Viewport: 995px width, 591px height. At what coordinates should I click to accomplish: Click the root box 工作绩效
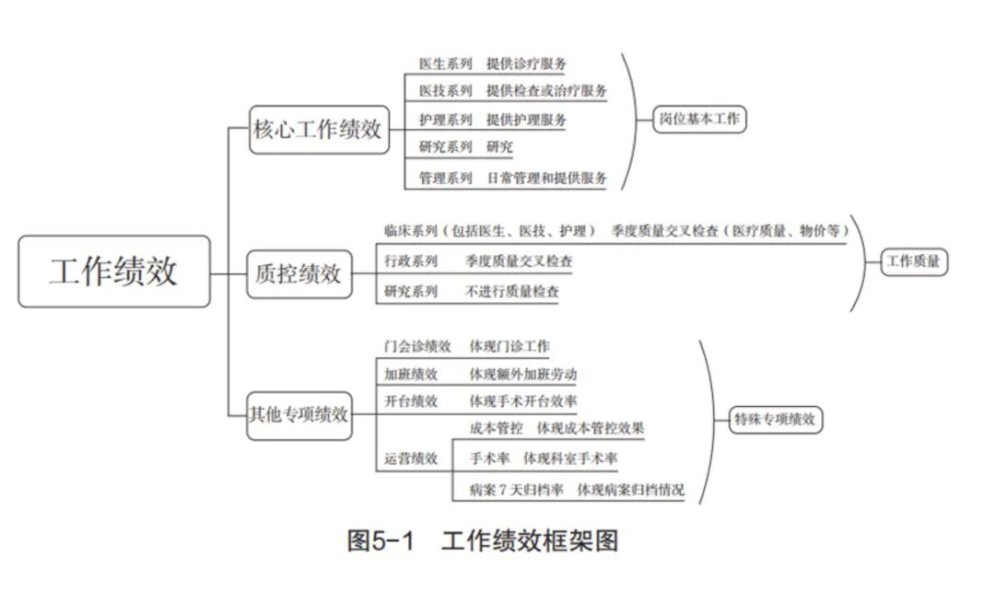point(114,272)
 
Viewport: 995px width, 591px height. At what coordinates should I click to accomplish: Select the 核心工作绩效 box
point(318,130)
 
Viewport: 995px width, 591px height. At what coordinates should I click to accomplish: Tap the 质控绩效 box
point(299,274)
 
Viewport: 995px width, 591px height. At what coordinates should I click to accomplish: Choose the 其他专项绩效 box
point(299,415)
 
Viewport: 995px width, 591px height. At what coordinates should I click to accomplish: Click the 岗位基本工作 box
point(700,119)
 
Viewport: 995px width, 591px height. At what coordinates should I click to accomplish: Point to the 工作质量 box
point(914,261)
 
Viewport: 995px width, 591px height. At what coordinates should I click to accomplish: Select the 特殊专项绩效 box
point(775,420)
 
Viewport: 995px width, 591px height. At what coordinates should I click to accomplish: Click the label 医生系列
point(446,64)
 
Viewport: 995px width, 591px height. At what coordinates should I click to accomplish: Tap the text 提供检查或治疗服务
point(547,91)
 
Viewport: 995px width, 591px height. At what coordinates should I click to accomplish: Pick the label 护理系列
point(446,120)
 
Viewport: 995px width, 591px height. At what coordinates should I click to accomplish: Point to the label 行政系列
point(412,261)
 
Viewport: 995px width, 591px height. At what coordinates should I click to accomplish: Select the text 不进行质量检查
point(512,293)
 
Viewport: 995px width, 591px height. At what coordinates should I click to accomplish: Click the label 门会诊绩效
point(418,347)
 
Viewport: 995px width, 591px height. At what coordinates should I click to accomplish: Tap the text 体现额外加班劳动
point(523,375)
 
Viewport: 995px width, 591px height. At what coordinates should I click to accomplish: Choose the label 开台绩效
point(412,401)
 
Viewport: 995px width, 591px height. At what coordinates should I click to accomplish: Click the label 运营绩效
point(412,458)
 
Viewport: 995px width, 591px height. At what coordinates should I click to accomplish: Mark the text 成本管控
point(497,428)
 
